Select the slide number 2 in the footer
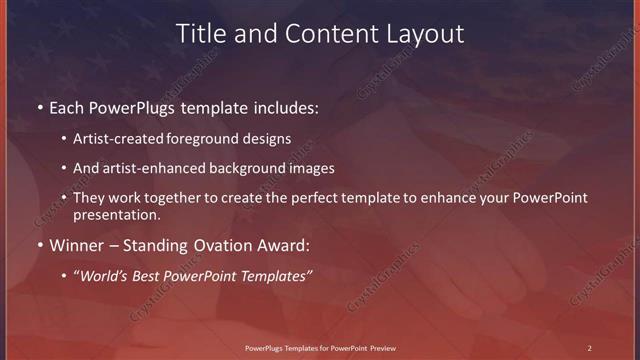click(x=589, y=347)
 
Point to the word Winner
click(x=80, y=244)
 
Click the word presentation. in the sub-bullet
click(x=116, y=214)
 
